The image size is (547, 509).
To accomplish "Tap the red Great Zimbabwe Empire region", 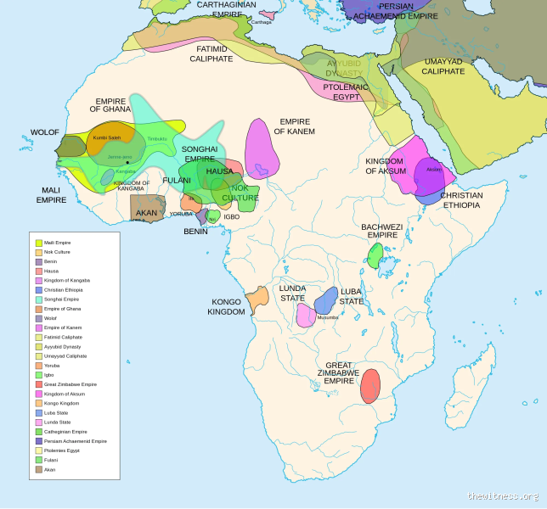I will tap(369, 386).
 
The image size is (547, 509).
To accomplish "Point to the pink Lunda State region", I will tap(306, 315).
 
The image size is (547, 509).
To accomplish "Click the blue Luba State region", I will tap(327, 300).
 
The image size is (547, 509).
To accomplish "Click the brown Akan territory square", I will tap(146, 207).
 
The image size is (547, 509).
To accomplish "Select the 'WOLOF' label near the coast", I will tap(44, 132).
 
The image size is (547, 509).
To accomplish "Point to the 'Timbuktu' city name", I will tap(157, 138).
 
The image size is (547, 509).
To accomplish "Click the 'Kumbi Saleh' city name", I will tap(107, 137).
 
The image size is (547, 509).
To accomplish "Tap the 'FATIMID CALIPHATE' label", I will tap(211, 54).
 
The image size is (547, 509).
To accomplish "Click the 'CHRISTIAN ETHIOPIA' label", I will tap(461, 200).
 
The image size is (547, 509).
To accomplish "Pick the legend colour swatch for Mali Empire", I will tap(38, 243).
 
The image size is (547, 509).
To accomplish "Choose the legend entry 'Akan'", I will tap(49, 469).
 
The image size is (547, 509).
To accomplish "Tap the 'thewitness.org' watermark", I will tap(502, 495).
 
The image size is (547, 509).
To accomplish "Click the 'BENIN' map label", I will tap(195, 232).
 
